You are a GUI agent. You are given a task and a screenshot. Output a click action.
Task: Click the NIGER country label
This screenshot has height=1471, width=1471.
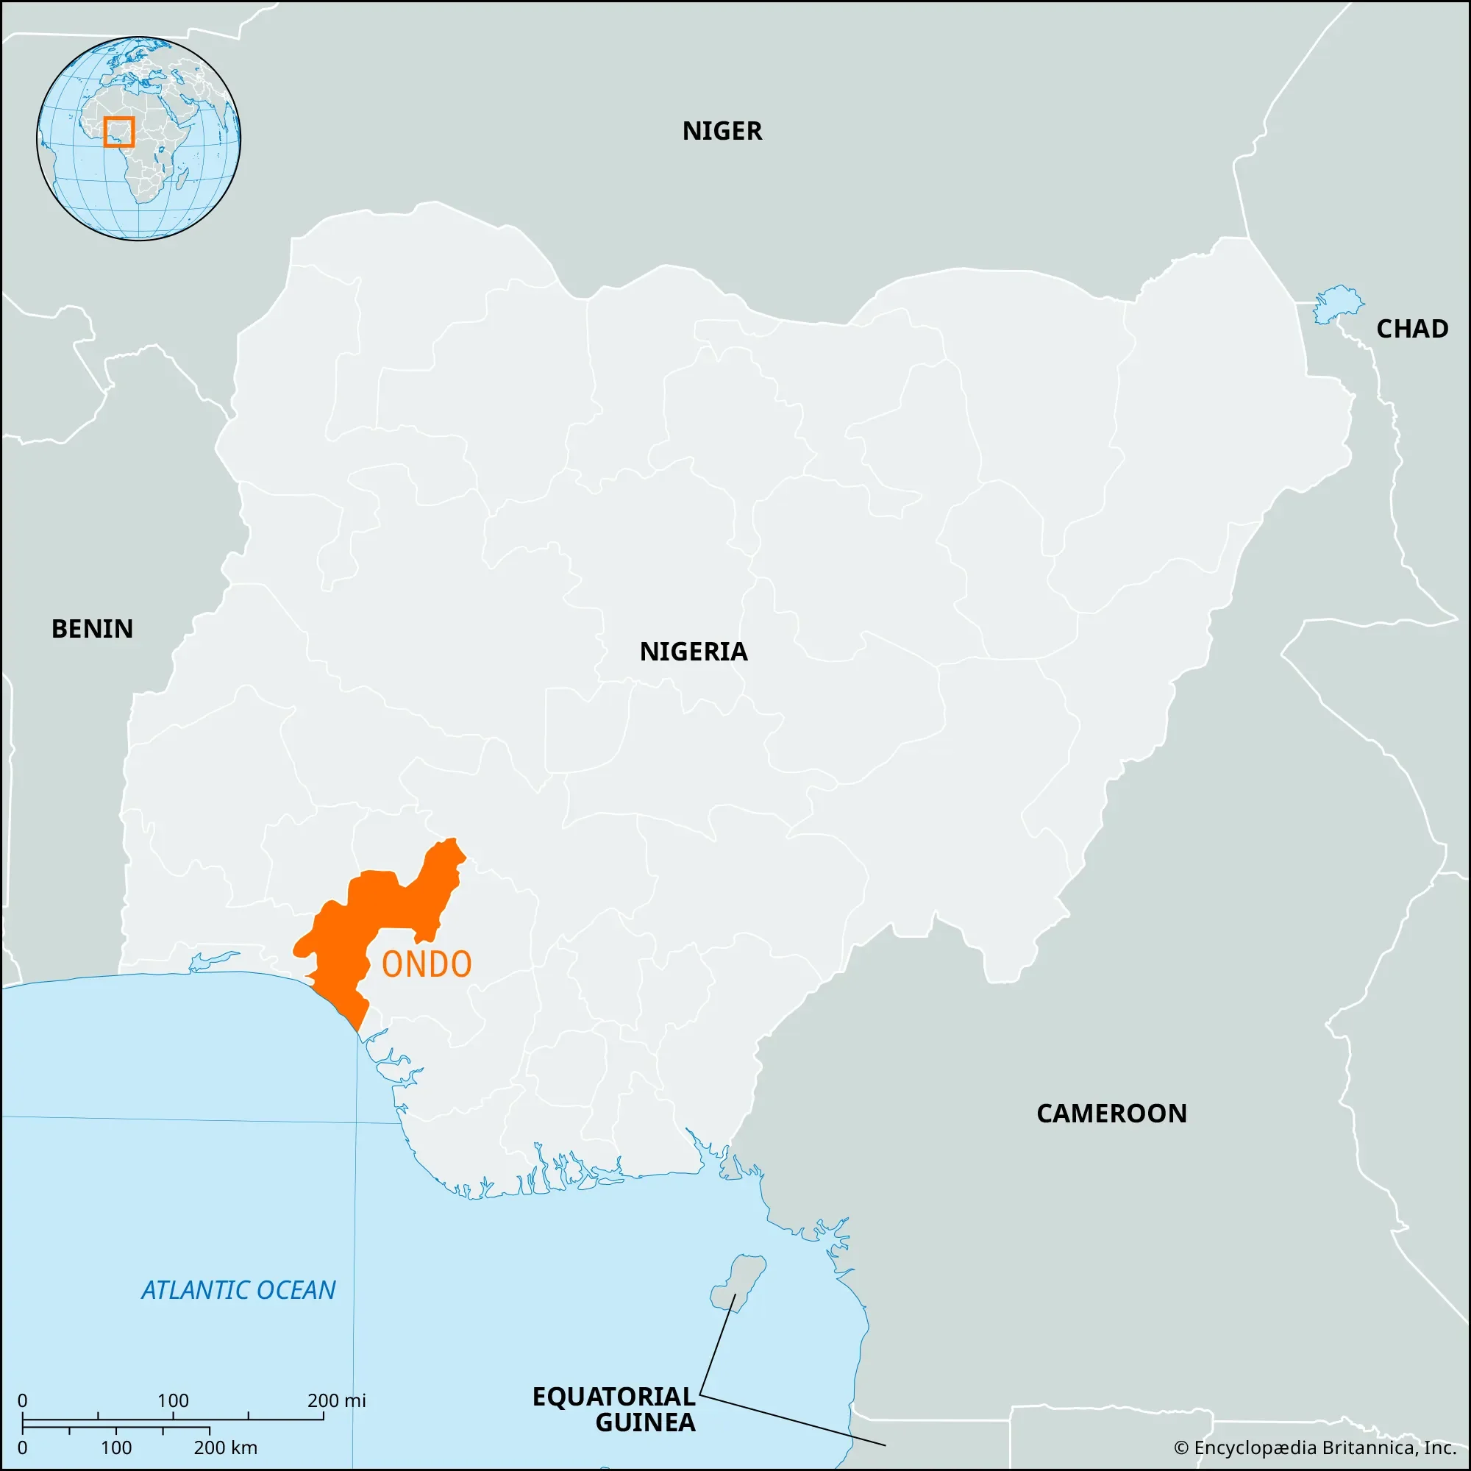tap(721, 131)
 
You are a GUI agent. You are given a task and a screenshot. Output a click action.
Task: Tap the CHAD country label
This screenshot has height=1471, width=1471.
tap(1411, 329)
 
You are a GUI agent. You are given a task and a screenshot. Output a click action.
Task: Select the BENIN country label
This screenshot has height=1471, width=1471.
tap(92, 629)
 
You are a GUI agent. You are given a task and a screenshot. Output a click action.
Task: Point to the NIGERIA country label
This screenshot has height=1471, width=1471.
tap(693, 652)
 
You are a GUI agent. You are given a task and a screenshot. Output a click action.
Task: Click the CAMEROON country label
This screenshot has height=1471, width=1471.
tap(1111, 1114)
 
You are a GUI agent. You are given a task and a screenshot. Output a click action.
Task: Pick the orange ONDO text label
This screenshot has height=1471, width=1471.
tap(427, 965)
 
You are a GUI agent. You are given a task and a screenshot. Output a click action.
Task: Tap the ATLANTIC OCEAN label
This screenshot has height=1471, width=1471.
tap(238, 1291)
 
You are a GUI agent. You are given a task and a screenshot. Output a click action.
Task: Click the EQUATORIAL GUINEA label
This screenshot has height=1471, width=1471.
tap(613, 1408)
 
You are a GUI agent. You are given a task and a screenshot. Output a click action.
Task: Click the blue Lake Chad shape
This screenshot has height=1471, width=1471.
tap(1336, 304)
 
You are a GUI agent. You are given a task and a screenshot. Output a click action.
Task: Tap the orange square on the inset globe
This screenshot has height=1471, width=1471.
tap(118, 132)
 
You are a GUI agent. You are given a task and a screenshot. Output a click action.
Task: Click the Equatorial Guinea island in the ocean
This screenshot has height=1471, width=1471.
tap(737, 1283)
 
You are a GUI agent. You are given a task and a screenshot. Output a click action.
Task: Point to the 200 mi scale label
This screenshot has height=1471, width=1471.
tap(337, 1400)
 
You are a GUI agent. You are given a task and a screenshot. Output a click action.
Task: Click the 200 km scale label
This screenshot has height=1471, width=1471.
tap(225, 1447)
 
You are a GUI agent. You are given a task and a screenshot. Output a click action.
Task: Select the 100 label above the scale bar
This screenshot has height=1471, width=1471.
tap(173, 1400)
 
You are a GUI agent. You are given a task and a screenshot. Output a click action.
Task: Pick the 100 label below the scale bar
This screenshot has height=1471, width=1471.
tap(115, 1447)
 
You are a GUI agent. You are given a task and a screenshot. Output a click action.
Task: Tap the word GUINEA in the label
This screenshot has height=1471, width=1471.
tap(645, 1422)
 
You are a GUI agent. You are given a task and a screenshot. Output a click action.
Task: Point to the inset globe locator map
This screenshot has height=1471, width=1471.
tap(138, 138)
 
